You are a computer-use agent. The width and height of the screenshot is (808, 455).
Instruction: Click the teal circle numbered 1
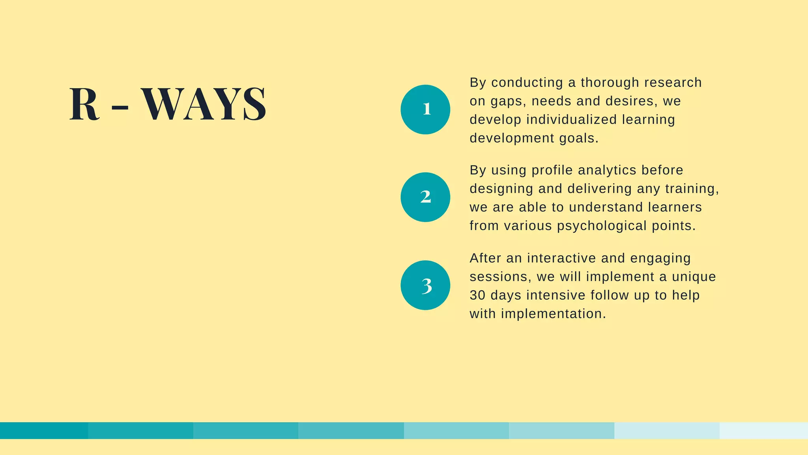[x=425, y=109]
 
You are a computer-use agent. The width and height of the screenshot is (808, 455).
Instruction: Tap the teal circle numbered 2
[x=425, y=197]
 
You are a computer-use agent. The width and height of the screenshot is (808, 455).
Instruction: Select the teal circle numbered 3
[x=425, y=285]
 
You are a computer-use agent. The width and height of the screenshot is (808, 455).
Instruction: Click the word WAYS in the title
[x=204, y=104]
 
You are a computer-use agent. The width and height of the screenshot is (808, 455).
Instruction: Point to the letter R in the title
[x=84, y=104]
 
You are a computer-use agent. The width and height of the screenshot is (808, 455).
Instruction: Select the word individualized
[x=571, y=120]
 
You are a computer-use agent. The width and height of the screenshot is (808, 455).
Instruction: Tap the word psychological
[x=602, y=226]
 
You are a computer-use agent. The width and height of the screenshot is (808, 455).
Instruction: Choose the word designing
[x=501, y=189]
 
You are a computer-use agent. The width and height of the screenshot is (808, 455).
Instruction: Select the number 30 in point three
[x=477, y=295]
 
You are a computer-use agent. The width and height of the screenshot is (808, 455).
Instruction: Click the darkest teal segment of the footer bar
[x=44, y=431]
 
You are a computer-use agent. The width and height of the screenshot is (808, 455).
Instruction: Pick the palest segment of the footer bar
[x=764, y=431]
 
